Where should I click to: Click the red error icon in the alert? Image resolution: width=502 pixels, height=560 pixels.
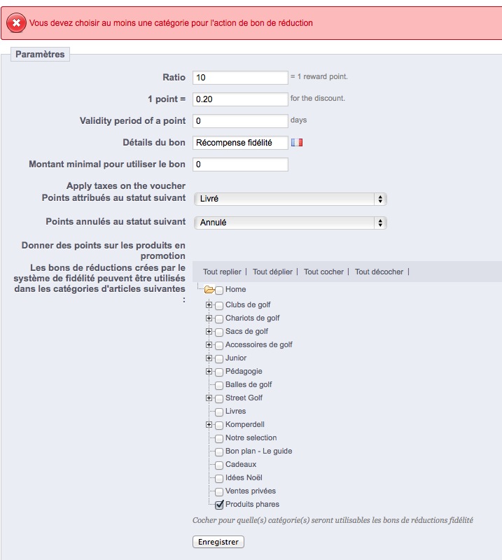point(16,23)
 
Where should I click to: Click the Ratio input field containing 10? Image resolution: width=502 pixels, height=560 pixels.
point(240,77)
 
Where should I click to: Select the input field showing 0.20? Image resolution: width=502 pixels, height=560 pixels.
point(240,99)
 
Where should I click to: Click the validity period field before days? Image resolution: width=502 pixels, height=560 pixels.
point(240,121)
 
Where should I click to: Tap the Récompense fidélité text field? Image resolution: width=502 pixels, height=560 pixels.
point(240,143)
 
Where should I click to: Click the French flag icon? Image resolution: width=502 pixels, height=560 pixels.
point(298,143)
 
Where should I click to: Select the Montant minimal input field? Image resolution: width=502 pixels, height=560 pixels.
point(240,164)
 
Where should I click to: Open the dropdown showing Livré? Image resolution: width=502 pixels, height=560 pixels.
point(290,199)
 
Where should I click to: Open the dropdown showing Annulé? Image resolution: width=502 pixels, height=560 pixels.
point(290,223)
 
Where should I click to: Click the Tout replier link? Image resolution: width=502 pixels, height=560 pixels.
point(222,272)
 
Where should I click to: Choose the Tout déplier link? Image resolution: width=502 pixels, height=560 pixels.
point(273,272)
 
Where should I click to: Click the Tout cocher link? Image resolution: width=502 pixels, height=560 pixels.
point(324,272)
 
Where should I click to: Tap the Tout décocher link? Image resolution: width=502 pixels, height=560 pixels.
point(379,272)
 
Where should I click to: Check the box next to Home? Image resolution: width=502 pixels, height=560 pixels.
point(220,290)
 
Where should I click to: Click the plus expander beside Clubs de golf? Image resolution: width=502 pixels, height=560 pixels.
point(209,305)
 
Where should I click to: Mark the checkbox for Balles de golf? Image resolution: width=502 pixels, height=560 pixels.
point(220,385)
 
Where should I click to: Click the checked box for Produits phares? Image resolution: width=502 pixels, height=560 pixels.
point(220,505)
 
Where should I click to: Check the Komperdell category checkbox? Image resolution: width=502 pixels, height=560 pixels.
point(220,425)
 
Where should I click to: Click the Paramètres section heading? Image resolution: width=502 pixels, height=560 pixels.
point(40,54)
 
